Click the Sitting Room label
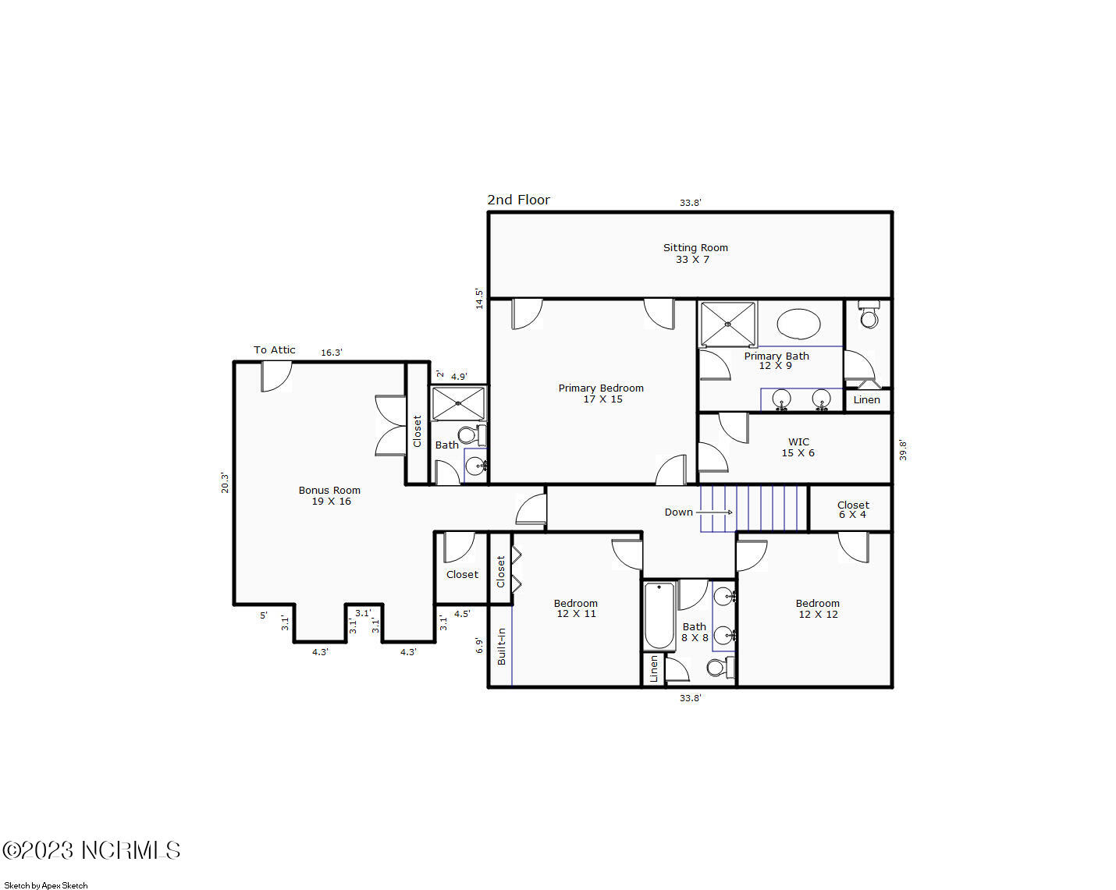695,254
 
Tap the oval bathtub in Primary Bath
798,324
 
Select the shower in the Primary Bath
727,324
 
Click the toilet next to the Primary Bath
869,315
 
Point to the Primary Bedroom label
601,393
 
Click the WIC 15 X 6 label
798,447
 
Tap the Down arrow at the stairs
713,512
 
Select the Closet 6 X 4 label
852,509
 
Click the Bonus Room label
330,495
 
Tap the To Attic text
275,350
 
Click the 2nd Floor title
518,200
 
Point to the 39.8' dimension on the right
903,450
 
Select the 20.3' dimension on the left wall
225,482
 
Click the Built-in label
501,646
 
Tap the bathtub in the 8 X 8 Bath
659,616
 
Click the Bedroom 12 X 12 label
817,608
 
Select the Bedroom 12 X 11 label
576,608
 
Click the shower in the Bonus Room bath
458,404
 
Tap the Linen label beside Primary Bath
866,400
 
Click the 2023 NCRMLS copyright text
91,850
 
